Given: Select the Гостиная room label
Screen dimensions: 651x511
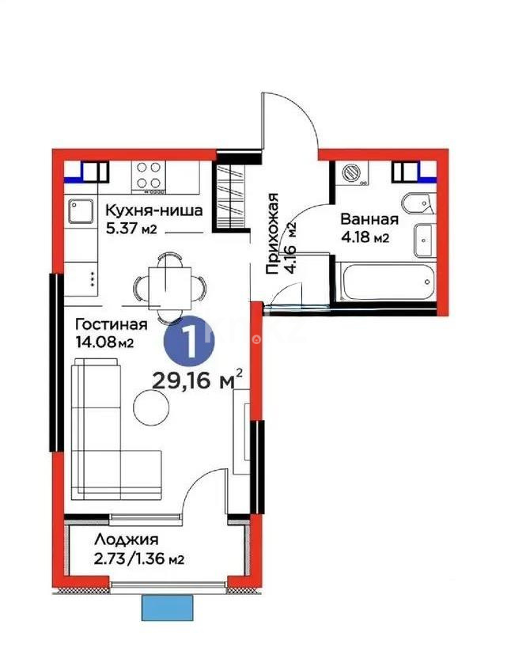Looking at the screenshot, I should tap(112, 324).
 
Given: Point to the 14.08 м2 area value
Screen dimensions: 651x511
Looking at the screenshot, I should tap(103, 343).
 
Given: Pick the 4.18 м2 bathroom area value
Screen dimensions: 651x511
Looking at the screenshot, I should tap(364, 238).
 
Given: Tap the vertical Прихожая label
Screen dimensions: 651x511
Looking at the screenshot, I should tap(273, 233).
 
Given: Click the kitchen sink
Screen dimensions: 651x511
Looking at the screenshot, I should tap(81, 210).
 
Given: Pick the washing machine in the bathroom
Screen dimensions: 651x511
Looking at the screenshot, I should tap(351, 172).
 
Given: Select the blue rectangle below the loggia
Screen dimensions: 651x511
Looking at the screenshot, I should tap(168, 607).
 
